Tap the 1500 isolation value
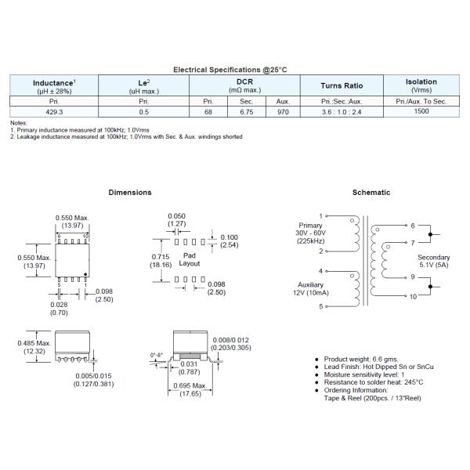point(421,112)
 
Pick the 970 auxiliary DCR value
point(282,112)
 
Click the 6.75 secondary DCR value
point(244,112)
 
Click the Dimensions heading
point(130,192)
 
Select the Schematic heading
point(371,192)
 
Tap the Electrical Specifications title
point(230,70)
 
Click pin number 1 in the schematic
point(320,215)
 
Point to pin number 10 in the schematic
point(414,297)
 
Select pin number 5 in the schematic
point(320,306)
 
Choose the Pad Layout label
point(190,259)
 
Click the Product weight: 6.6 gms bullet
point(360,360)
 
